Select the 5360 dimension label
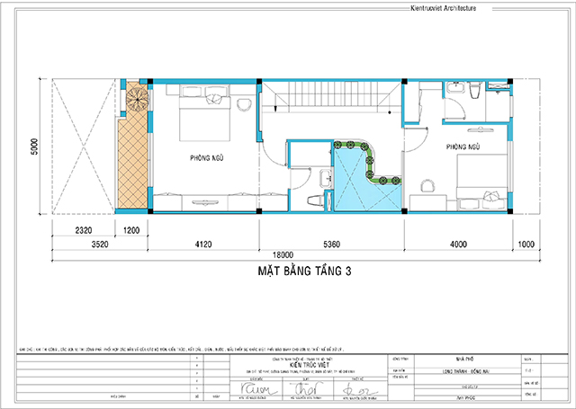(x=331, y=243)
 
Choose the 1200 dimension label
(x=133, y=231)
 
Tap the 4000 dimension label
(x=459, y=243)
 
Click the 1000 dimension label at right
(x=527, y=243)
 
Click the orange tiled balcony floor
(x=131, y=162)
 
